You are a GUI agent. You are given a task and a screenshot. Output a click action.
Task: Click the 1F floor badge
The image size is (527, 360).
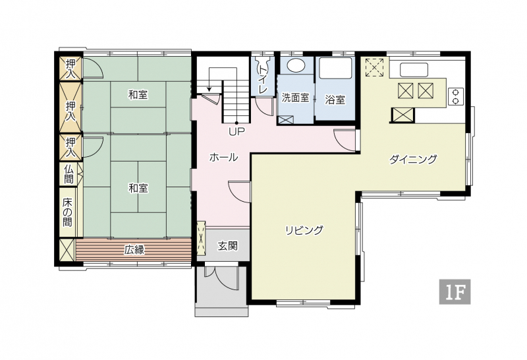(x=455, y=291)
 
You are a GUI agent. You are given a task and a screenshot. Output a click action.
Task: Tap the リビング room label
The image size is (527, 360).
(x=304, y=230)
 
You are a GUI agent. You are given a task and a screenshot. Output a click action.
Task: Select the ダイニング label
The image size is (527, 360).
(x=413, y=159)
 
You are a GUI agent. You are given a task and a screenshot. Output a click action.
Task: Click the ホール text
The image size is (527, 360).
(x=223, y=157)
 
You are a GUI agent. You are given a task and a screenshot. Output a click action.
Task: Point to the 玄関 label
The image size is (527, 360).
(x=227, y=246)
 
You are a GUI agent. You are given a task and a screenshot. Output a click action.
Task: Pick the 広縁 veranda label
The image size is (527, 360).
(x=134, y=249)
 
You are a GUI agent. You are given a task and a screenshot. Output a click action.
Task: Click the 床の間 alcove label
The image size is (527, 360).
(x=68, y=212)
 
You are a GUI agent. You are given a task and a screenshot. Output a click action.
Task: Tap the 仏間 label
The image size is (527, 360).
(x=69, y=174)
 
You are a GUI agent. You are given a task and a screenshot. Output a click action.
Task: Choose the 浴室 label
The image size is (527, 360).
(x=335, y=100)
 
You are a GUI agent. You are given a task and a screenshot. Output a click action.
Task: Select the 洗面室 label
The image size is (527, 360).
(x=295, y=98)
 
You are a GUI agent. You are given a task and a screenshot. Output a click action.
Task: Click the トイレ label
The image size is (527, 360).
(x=262, y=79)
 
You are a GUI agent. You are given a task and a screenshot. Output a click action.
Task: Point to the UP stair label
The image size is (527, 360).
(x=236, y=132)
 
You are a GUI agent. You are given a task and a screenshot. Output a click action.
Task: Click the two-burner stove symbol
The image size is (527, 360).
(x=456, y=96)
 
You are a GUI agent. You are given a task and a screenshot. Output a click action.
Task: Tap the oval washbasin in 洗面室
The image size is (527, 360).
(x=294, y=65)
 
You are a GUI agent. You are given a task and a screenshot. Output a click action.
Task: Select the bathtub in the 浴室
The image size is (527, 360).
(x=335, y=68)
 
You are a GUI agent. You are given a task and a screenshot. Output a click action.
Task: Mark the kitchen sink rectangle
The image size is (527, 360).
(x=414, y=70)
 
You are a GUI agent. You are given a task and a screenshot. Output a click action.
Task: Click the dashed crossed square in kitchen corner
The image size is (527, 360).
(x=375, y=67)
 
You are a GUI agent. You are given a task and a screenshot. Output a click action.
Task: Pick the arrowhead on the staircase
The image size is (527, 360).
(x=209, y=89)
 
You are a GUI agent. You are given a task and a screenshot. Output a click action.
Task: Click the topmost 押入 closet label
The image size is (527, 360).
(x=70, y=69)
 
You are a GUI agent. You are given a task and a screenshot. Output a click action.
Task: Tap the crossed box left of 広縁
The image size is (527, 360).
(x=67, y=249)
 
